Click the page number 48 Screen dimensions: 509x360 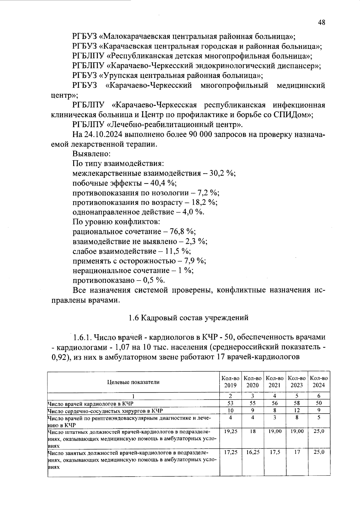[x=321, y=23]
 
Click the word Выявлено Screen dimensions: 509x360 [x=92, y=154]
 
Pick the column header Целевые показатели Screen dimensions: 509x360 [x=133, y=382]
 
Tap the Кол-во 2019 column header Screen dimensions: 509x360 [x=230, y=382]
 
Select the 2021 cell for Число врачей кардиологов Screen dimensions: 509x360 [x=274, y=403]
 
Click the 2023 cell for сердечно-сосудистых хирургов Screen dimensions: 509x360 [x=297, y=410]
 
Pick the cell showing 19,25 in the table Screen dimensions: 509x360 [x=230, y=431]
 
